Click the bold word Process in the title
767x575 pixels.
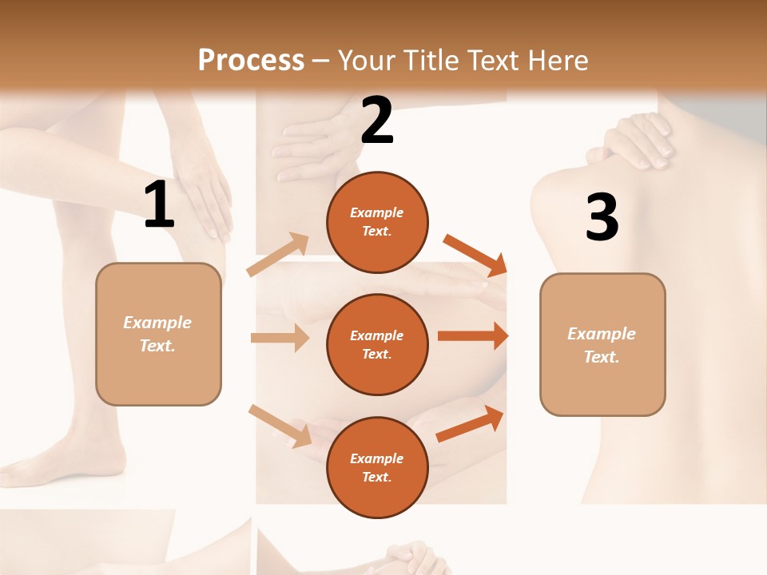251,60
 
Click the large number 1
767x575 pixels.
159,205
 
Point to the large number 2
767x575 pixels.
377,121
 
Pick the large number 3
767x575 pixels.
602,218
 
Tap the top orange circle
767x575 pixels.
377,222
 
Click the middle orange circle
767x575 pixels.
377,344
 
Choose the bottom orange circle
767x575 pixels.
377,467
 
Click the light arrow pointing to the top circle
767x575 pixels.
279,254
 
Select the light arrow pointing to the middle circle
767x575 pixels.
280,338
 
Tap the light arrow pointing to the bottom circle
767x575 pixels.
280,426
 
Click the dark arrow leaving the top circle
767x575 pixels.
475,255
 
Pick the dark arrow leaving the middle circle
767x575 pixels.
473,335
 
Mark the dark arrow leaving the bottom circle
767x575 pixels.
471,423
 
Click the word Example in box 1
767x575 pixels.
157,323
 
